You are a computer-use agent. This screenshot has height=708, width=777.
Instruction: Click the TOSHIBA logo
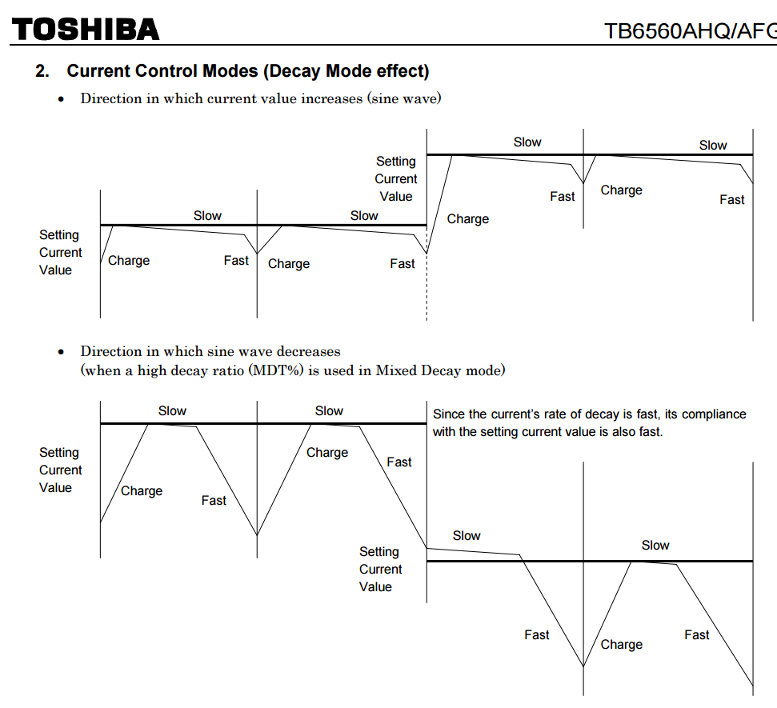tap(86, 30)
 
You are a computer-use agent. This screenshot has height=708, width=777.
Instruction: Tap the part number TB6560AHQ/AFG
tap(690, 31)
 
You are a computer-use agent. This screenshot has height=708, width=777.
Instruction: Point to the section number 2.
tap(42, 71)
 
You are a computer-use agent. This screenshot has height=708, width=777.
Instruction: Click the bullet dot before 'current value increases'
tap(61, 100)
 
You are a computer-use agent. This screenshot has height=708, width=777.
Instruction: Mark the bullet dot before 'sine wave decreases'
tap(61, 353)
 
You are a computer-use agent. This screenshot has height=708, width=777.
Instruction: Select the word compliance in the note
tap(713, 414)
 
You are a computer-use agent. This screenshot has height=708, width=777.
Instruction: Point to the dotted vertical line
tap(427, 288)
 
